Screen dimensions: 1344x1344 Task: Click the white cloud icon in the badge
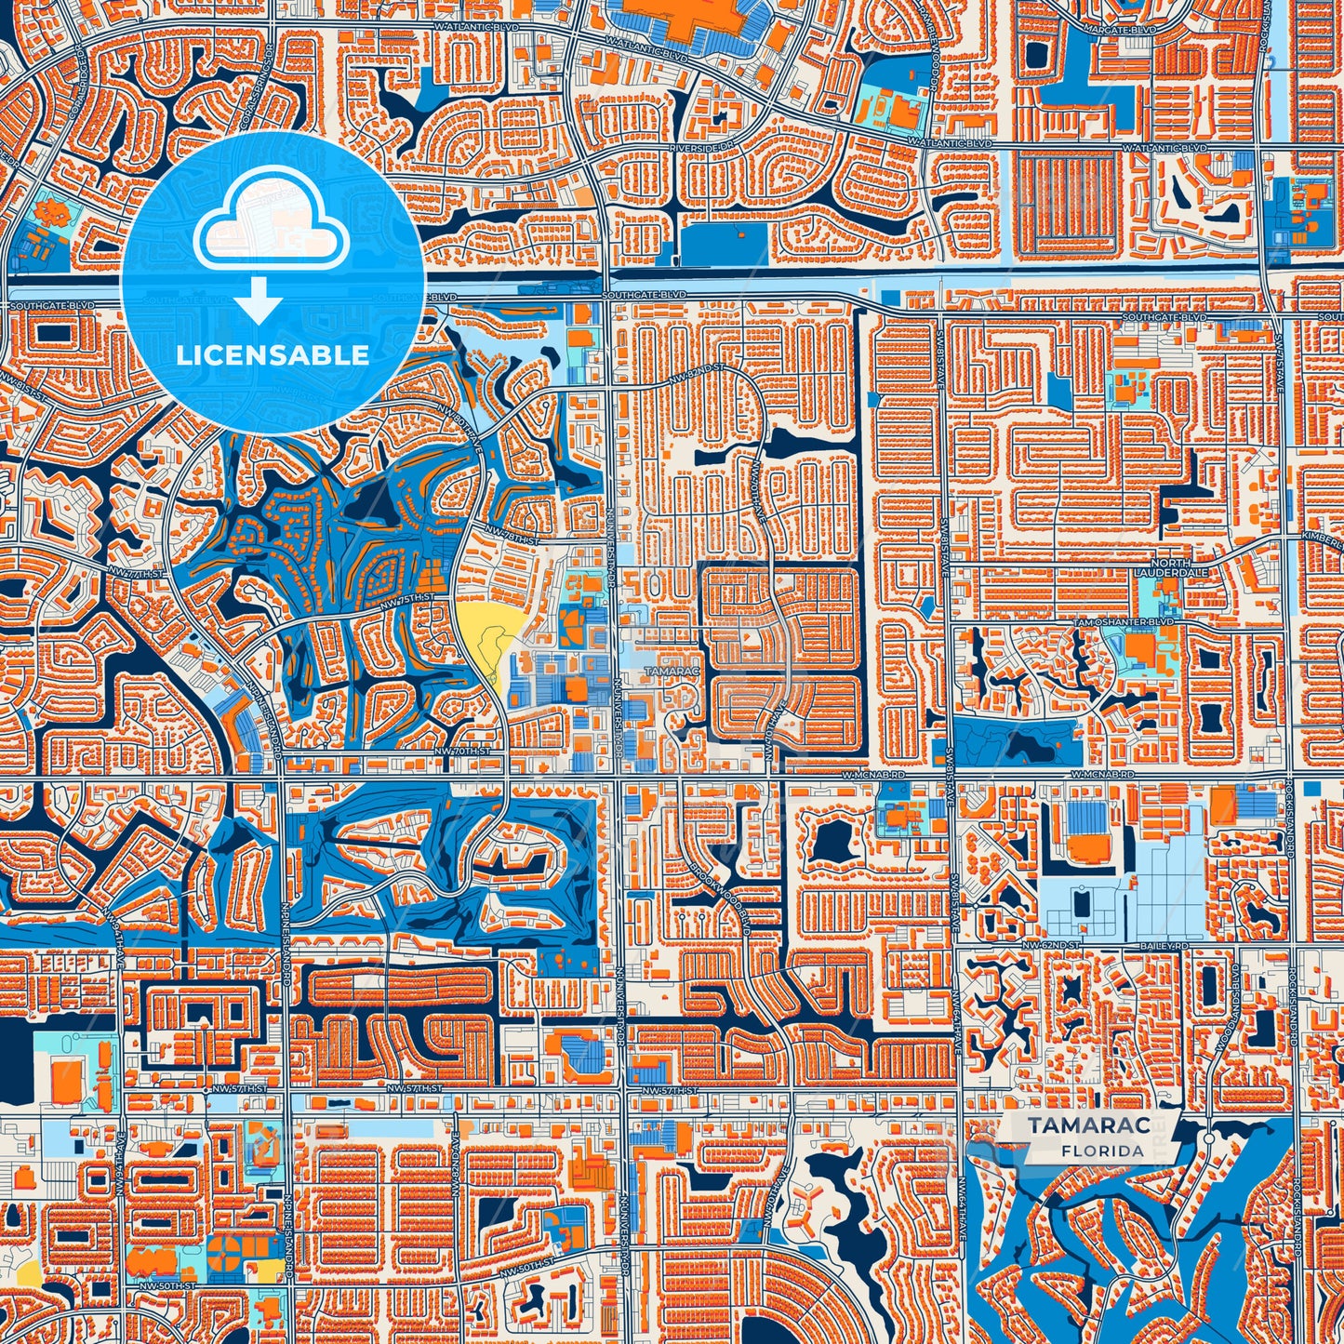pos(271,224)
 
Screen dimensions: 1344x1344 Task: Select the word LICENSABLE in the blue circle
pos(273,355)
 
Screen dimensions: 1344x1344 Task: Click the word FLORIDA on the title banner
pos(1102,1151)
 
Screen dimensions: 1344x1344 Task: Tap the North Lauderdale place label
pos(1170,568)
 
